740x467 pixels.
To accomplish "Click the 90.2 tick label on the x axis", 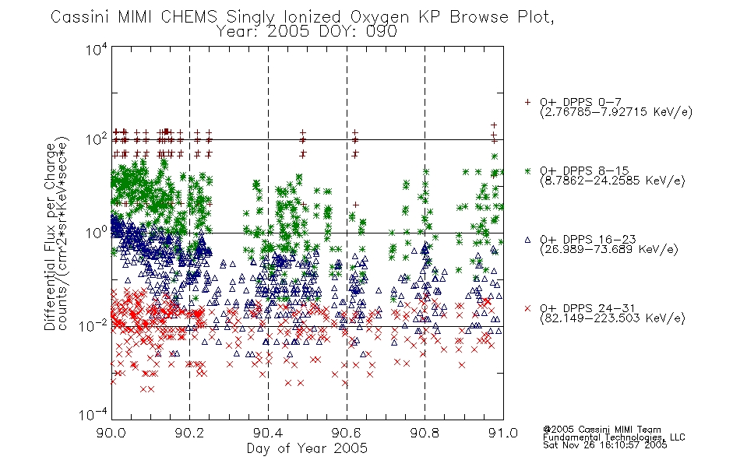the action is [190, 433].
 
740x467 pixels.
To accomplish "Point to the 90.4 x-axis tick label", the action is [268, 433].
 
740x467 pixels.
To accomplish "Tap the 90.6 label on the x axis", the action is [347, 433].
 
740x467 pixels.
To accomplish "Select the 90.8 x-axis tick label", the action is [425, 433].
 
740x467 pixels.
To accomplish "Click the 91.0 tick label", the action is [503, 433].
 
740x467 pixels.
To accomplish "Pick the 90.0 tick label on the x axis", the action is [111, 433].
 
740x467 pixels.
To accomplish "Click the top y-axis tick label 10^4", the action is [97, 50].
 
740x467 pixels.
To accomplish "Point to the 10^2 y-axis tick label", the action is [97, 139].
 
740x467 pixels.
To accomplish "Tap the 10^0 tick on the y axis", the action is [97, 233].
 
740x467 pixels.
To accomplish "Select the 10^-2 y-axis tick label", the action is [93, 325].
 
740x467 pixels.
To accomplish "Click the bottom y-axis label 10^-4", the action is [93, 415].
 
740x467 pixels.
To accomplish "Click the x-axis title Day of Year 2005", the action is [307, 448].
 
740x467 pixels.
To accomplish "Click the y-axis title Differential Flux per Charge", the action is [50, 237].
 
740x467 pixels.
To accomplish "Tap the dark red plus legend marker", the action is [527, 102].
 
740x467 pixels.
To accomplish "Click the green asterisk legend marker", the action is [527, 170].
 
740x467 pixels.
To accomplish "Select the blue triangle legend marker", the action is [527, 240].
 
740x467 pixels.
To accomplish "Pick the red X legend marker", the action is [527, 308].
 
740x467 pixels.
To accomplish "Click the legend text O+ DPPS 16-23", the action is [588, 239].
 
